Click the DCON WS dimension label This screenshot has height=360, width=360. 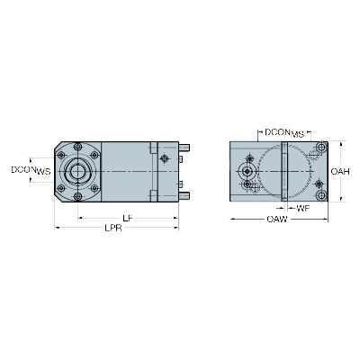31,170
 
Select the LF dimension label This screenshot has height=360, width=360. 128,218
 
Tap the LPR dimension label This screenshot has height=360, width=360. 113,228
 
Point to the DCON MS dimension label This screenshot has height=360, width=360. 284,132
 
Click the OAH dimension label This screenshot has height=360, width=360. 340,171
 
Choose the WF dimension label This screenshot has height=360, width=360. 303,208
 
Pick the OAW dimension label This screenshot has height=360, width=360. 277,219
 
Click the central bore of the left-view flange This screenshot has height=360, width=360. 77,171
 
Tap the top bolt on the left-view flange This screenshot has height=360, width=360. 78,147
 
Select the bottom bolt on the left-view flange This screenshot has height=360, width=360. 78,196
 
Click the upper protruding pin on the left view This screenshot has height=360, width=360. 184,148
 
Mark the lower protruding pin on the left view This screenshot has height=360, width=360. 184,195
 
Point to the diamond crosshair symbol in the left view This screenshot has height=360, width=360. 164,158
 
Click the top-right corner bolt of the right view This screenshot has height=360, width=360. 321,148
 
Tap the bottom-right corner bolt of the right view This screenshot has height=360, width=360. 321,195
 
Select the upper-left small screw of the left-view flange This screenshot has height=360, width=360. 61,155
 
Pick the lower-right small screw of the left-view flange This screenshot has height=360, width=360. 94,188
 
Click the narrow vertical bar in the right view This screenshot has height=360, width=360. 284,171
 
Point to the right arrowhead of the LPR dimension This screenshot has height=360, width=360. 176,228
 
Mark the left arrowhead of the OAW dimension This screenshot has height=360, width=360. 233,220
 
